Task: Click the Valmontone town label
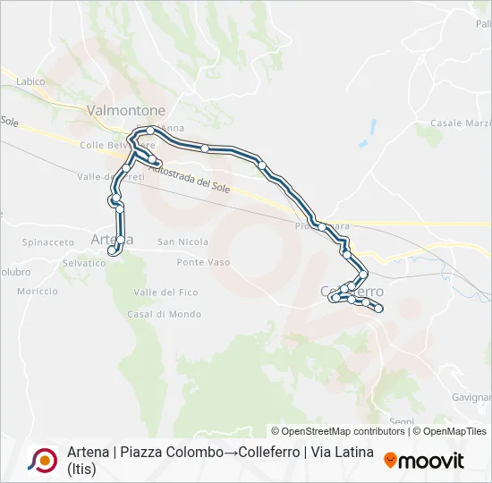[x=126, y=110]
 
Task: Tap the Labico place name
[x=30, y=81]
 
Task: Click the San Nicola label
[x=182, y=242]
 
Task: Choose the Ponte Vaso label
[x=203, y=263]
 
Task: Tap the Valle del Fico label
[x=165, y=293]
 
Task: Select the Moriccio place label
[x=37, y=292]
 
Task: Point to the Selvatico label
[x=84, y=263]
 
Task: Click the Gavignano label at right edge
[x=471, y=396]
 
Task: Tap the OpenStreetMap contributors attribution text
[x=337, y=431]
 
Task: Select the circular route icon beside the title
[x=42, y=460]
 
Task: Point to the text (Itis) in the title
[x=81, y=469]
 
